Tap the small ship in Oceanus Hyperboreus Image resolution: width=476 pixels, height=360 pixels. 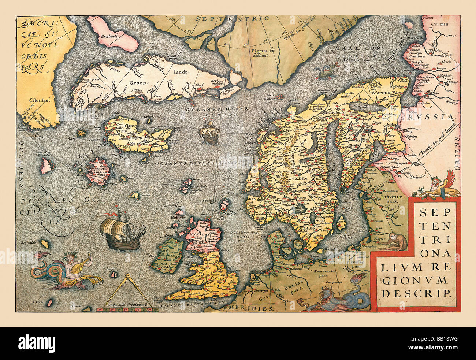[208, 134]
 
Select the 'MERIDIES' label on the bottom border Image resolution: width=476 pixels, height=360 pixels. [250, 308]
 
